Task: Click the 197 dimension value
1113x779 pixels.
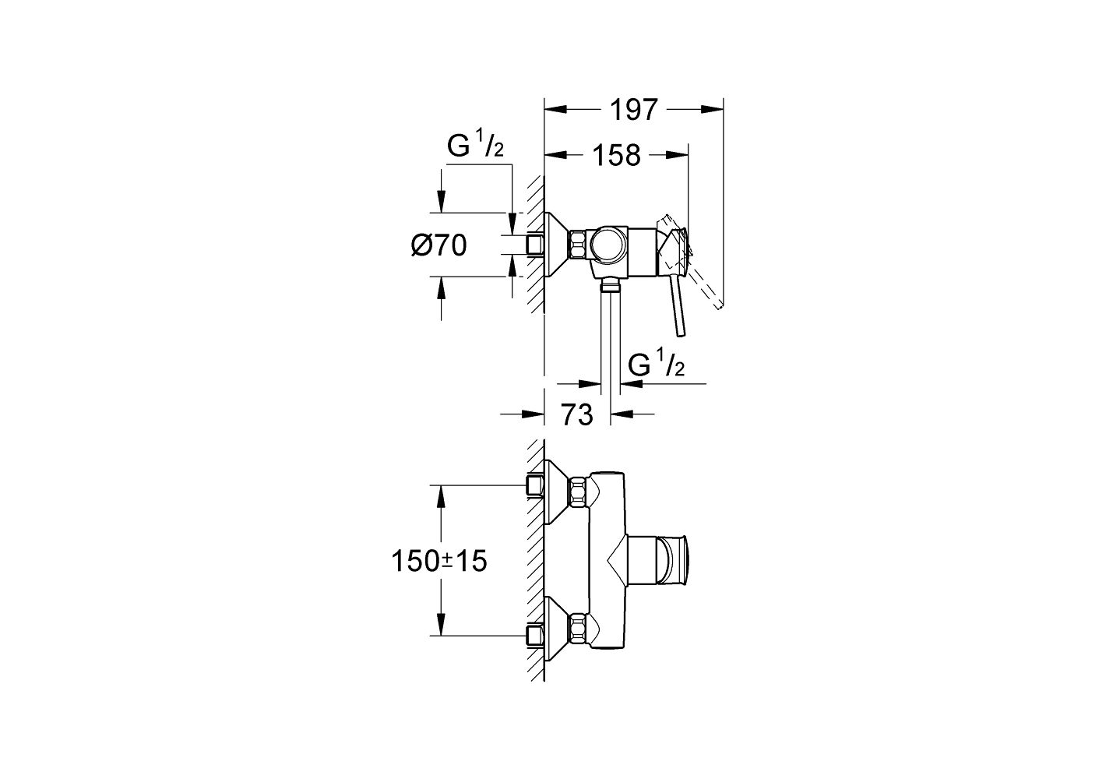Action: (634, 110)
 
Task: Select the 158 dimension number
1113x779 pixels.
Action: (615, 155)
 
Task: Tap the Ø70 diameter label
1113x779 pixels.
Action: (439, 246)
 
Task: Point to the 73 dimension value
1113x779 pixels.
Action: (576, 414)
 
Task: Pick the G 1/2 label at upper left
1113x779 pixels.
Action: (475, 146)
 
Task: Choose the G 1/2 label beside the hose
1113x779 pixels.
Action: (654, 366)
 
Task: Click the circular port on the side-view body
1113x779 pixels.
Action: (606, 246)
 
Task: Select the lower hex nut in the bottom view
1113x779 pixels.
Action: (579, 627)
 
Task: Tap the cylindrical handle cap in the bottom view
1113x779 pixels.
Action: (673, 560)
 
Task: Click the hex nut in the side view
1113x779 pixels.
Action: (579, 246)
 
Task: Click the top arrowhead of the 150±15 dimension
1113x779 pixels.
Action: (441, 495)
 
